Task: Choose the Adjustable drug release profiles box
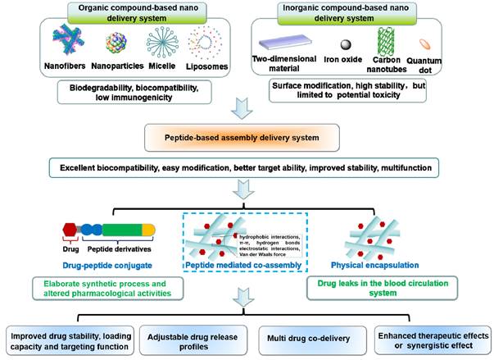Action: click(180, 336)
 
